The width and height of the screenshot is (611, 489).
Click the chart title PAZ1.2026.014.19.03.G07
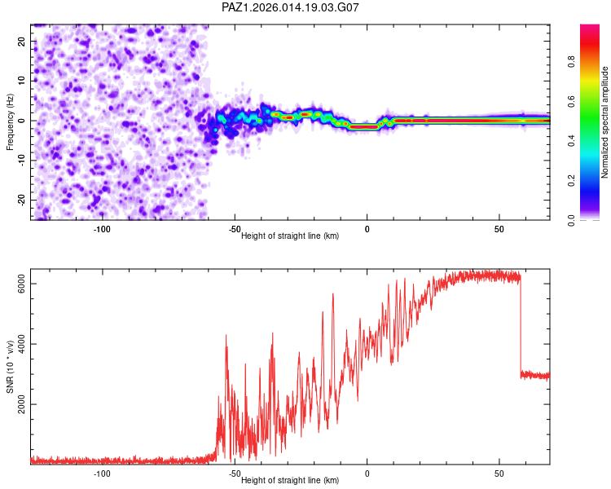coord(291,7)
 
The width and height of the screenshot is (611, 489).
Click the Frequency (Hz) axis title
coord(11,121)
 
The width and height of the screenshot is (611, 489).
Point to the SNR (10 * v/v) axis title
coord(11,367)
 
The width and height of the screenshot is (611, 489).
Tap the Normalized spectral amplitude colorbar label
coord(604,122)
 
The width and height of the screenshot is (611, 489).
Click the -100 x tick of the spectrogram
coord(102,229)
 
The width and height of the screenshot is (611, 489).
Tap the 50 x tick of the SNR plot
coord(499,474)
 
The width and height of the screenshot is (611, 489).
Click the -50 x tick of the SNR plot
coord(235,474)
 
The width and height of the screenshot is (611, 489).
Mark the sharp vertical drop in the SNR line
coord(521,326)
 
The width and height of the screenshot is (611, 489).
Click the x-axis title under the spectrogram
coord(290,236)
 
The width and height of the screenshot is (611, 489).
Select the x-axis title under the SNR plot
coord(290,480)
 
